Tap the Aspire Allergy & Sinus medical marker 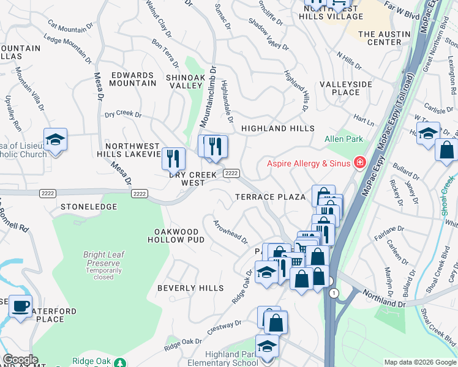click(361, 163)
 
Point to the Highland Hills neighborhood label click(277, 128)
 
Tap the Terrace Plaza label click(271, 197)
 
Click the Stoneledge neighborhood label click(89, 207)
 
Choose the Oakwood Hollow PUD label click(176, 236)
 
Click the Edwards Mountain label click(133, 79)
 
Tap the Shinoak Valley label click(184, 82)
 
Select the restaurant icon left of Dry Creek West click(173, 158)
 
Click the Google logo click(20, 360)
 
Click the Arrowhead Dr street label click(230, 231)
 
